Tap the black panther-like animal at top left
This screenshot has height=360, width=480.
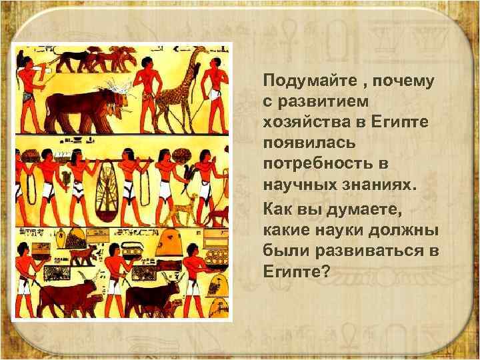71,59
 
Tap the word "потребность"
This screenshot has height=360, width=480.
312,162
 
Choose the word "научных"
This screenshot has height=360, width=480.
293,181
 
